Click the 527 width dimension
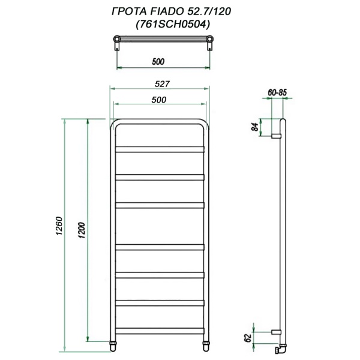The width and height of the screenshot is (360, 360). click(159, 84)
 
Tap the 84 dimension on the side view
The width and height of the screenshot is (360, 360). click(254, 127)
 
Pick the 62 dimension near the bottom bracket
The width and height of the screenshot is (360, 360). click(248, 339)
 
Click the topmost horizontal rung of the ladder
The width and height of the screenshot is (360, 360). click(160, 148)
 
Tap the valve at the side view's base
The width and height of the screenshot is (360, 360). click(280, 348)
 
